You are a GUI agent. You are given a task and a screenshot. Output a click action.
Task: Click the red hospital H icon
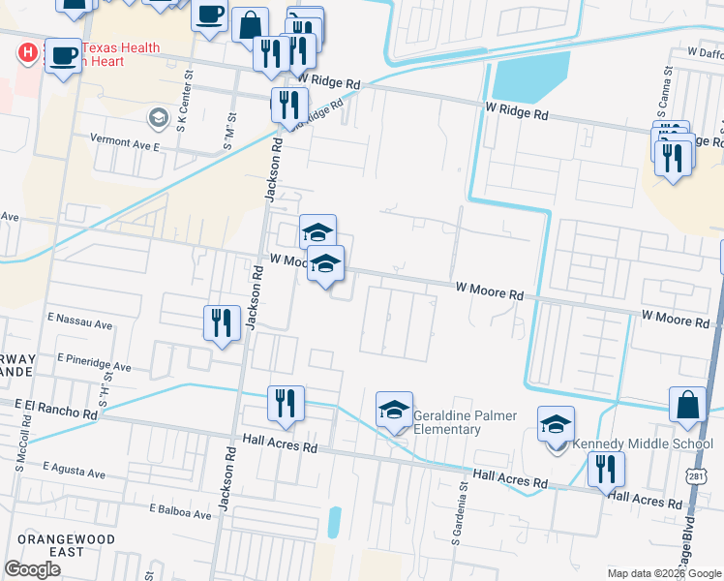pyautogui.click(x=29, y=50)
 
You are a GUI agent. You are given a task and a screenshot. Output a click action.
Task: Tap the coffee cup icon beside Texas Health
pyautogui.click(x=63, y=57)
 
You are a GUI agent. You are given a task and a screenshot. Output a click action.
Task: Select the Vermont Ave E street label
pyautogui.click(x=124, y=140)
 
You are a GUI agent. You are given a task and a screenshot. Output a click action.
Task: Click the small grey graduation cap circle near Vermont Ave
pyautogui.click(x=157, y=118)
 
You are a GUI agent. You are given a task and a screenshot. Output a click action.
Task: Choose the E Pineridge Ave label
pyautogui.click(x=94, y=365)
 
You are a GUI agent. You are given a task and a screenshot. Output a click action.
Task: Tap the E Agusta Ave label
pyautogui.click(x=75, y=474)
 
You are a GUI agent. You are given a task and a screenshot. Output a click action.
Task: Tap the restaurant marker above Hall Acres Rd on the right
pyautogui.click(x=606, y=470)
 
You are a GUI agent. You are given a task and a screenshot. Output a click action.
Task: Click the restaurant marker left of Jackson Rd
pyautogui.click(x=222, y=323)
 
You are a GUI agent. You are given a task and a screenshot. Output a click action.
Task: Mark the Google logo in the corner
pyautogui.click(x=32, y=569)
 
